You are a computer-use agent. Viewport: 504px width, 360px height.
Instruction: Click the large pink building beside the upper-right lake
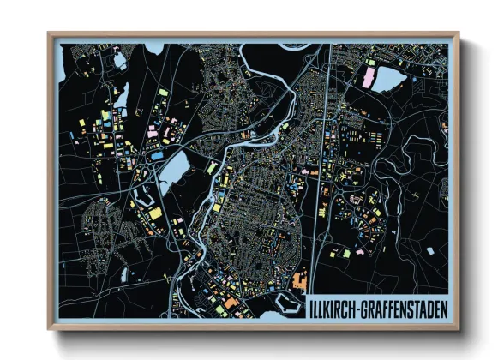[369, 79]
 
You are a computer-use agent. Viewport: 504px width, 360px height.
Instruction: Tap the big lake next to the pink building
[387, 79]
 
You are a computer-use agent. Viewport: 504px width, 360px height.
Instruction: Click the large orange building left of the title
[298, 281]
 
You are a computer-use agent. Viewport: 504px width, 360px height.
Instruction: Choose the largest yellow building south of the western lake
[155, 212]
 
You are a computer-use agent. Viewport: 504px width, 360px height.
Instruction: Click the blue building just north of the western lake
[158, 156]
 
